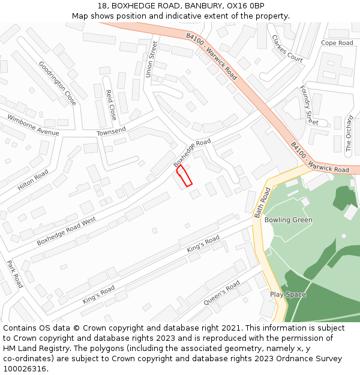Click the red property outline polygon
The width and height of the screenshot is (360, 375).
point(184,176)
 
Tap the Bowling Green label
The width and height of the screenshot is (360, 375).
point(289,220)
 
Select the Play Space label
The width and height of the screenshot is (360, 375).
point(288,295)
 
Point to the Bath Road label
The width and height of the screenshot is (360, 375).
point(262,202)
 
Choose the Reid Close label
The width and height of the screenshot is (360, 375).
point(111,105)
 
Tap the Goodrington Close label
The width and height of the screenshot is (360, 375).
point(58,83)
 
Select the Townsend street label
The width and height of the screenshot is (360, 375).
point(111,131)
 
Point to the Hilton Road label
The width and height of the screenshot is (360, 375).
point(33,180)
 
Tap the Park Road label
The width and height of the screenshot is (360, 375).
point(14,274)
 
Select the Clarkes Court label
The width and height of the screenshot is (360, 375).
point(287,48)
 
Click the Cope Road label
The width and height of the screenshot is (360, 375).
point(337,43)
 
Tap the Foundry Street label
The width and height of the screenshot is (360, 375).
point(308,106)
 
